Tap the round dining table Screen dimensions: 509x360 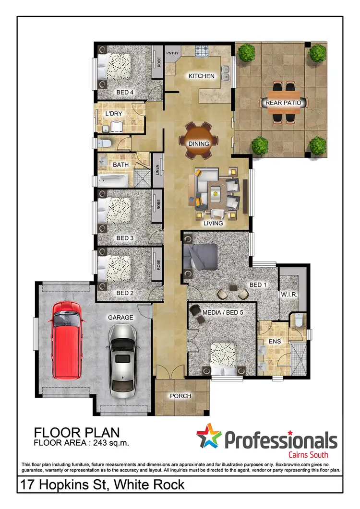click(198, 141)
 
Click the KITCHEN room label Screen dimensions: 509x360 click(198, 76)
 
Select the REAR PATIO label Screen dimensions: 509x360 click(283, 102)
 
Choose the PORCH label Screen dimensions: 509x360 click(180, 396)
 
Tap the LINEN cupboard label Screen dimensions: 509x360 click(157, 170)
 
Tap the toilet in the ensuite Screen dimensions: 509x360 click(297, 319)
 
